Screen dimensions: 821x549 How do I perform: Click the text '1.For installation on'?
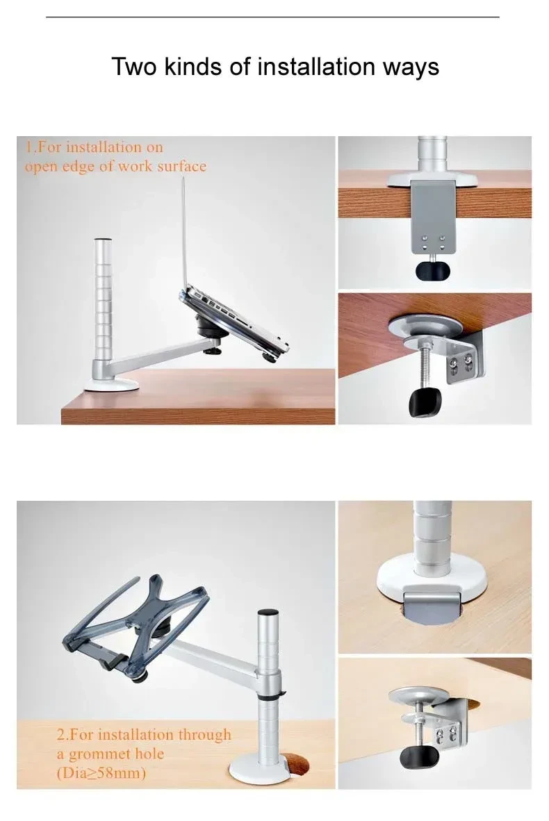point(93,147)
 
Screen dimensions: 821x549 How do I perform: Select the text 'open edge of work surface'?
point(115,167)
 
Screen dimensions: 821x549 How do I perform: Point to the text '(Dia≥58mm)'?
point(101,772)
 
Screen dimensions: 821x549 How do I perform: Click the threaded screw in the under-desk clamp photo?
point(423,365)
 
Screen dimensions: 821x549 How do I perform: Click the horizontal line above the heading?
point(272,17)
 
